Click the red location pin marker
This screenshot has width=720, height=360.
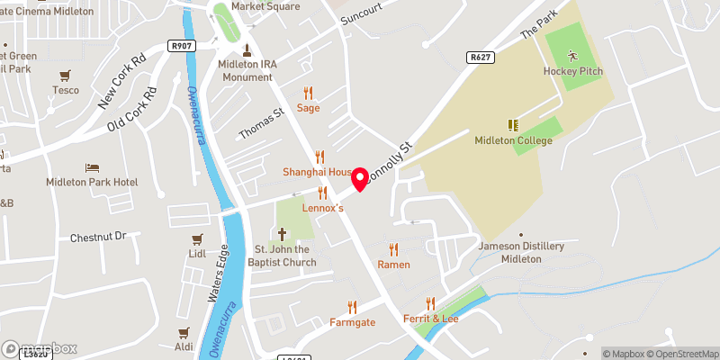[361, 179]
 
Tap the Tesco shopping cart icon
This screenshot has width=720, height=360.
[65, 76]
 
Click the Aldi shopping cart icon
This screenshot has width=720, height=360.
[184, 332]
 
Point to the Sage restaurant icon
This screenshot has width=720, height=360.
[309, 93]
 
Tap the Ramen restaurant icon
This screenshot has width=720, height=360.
[393, 249]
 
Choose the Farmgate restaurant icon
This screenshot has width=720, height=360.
[352, 306]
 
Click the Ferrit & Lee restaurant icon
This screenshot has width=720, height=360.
[430, 304]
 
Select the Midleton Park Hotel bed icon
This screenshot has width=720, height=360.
[92, 167]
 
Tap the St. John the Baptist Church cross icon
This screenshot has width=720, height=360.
[281, 233]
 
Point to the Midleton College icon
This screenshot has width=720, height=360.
[514, 124]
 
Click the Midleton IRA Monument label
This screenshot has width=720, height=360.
[245, 70]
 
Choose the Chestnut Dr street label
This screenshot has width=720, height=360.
[101, 238]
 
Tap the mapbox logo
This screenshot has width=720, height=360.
[40, 348]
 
